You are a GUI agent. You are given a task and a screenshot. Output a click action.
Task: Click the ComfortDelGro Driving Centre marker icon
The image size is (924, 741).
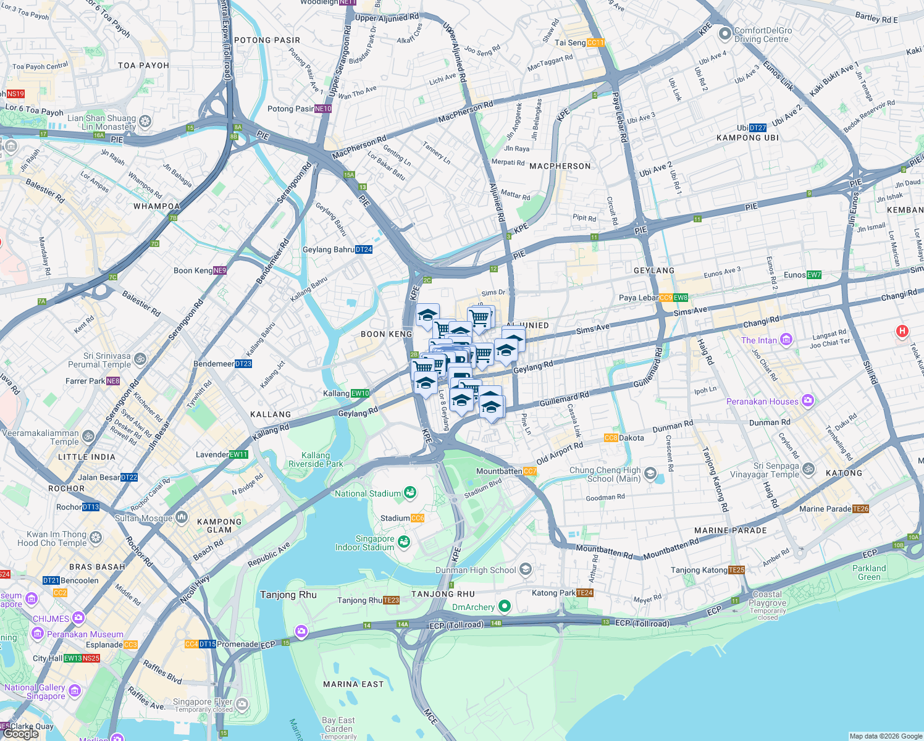pyautogui.click(x=724, y=33)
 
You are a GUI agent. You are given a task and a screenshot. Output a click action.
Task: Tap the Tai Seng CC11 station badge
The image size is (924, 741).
pyautogui.click(x=595, y=43)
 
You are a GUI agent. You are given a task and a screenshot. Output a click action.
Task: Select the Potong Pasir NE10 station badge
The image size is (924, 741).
pyautogui.click(x=323, y=109)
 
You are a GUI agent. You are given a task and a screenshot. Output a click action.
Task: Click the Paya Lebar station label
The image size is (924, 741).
pyautogui.click(x=639, y=298)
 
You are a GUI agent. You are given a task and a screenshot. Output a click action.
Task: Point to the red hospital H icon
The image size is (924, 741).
pyautogui.click(x=902, y=332)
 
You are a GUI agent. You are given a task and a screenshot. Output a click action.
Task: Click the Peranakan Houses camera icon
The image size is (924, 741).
pyautogui.click(x=807, y=401)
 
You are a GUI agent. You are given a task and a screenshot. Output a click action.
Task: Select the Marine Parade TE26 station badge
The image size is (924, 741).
pyautogui.click(x=860, y=509)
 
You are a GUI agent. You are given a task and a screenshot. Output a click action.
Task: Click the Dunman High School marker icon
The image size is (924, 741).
pyautogui.click(x=526, y=569)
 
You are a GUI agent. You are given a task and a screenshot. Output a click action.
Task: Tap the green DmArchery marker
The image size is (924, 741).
pyautogui.click(x=505, y=606)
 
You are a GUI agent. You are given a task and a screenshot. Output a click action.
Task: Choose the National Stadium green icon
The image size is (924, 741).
pyautogui.click(x=409, y=492)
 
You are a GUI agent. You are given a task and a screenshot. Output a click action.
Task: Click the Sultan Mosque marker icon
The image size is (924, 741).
pyautogui.click(x=181, y=517)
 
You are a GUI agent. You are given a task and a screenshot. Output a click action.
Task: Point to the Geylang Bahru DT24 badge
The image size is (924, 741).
pyautogui.click(x=364, y=249)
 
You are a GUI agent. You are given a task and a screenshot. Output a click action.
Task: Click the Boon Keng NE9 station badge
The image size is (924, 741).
pyautogui.click(x=220, y=270)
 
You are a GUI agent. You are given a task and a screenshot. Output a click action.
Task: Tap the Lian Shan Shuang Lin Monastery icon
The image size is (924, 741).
pyautogui.click(x=145, y=122)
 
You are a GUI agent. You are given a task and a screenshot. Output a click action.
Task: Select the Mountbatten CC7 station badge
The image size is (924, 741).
pyautogui.click(x=530, y=471)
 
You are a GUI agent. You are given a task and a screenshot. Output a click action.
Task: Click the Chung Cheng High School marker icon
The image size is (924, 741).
pyautogui.click(x=650, y=474)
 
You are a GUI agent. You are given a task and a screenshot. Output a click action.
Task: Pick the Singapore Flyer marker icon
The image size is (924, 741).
pyautogui.click(x=242, y=703)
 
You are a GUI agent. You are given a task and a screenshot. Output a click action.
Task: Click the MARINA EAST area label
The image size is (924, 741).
pyautogui.click(x=353, y=684)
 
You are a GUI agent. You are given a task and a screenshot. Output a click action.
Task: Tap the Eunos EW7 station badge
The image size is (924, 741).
pyautogui.click(x=814, y=275)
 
